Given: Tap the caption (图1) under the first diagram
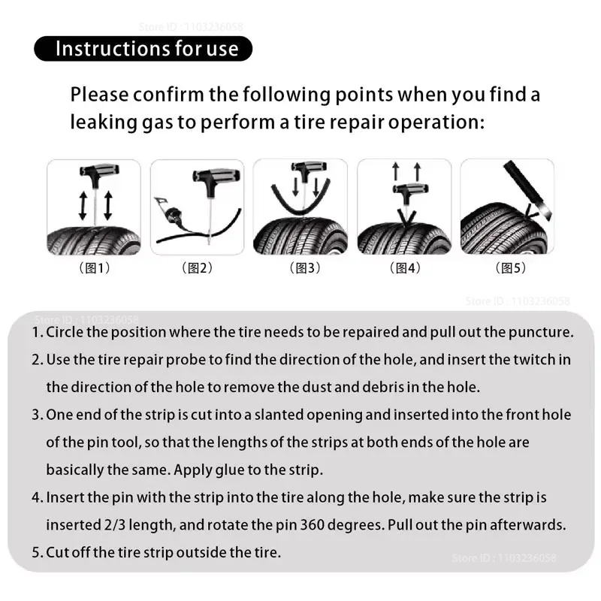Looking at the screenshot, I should [94, 268].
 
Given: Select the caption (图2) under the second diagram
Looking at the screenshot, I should [197, 268].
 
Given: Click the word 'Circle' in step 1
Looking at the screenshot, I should [65, 332].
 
